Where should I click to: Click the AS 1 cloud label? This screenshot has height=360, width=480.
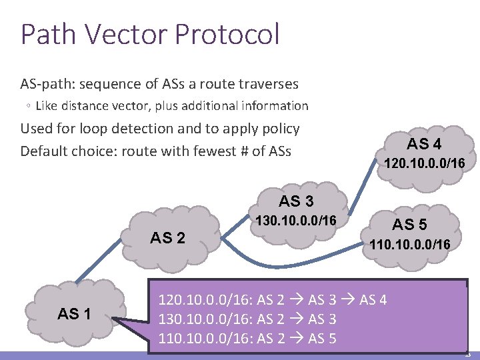(74, 313)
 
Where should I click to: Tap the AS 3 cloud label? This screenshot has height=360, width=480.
(296, 201)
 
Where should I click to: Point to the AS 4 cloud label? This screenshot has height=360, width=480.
(424, 144)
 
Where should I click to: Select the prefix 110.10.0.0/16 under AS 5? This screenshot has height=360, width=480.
(411, 245)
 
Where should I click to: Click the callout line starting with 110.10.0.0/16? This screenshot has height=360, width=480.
(247, 339)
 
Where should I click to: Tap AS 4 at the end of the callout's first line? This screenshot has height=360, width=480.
(373, 299)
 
